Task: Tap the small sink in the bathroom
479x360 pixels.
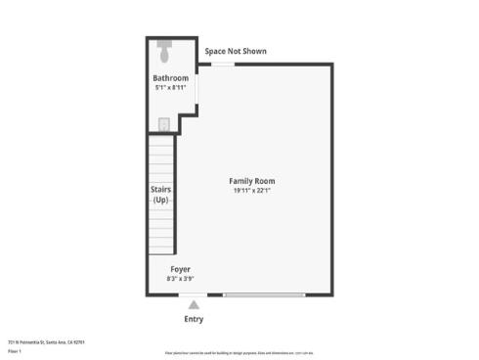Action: pyautogui.click(x=164, y=123)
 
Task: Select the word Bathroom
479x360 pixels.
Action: pyautogui.click(x=170, y=78)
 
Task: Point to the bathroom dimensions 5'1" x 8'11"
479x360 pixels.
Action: pyautogui.click(x=170, y=87)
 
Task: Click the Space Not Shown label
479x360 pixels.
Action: pyautogui.click(x=235, y=52)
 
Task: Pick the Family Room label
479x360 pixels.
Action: pyautogui.click(x=251, y=181)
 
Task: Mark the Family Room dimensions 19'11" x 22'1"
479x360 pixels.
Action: pyautogui.click(x=251, y=191)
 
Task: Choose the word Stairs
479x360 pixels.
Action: pyautogui.click(x=161, y=189)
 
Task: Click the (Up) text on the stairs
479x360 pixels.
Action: pyautogui.click(x=161, y=200)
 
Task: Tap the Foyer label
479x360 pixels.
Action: pyautogui.click(x=180, y=269)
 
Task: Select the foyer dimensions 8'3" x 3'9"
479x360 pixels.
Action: pyautogui.click(x=180, y=279)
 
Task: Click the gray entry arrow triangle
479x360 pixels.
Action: pyautogui.click(x=194, y=305)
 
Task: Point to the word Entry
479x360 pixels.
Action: pyautogui.click(x=194, y=319)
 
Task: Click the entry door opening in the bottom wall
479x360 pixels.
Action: pyautogui.click(x=193, y=294)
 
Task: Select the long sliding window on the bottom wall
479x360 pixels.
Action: pyautogui.click(x=264, y=294)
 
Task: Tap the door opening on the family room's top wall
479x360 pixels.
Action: pyautogui.click(x=224, y=65)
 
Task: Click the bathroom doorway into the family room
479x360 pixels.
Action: pyautogui.click(x=197, y=88)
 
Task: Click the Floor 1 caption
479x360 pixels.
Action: pyautogui.click(x=15, y=350)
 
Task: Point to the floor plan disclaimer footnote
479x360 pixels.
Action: pyautogui.click(x=239, y=351)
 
